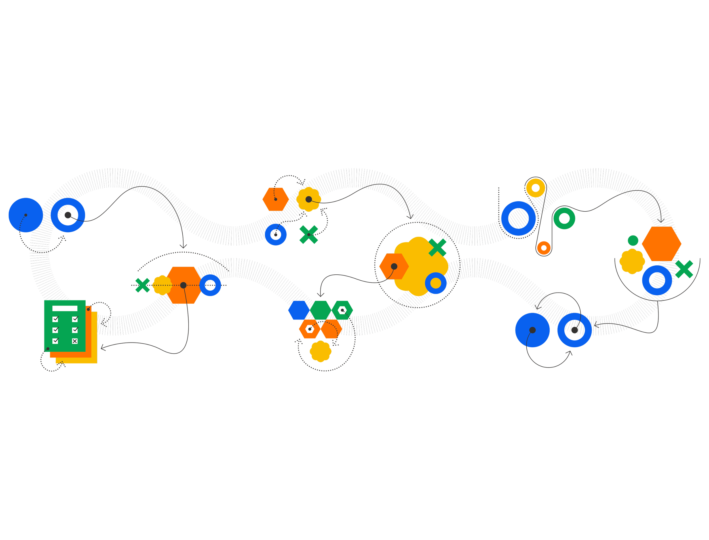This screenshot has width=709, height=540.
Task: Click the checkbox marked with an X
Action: (x=75, y=341)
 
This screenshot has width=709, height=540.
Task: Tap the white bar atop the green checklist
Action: (x=65, y=308)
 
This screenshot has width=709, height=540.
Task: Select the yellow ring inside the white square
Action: (x=535, y=188)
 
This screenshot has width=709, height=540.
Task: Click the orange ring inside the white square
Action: (x=544, y=248)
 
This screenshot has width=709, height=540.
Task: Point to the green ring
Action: (x=564, y=218)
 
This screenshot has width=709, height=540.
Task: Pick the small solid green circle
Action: (x=632, y=240)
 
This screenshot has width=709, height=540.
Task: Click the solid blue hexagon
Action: (x=298, y=310)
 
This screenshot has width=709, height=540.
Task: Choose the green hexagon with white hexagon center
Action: (x=342, y=310)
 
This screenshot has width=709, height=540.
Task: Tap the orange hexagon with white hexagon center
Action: (x=309, y=329)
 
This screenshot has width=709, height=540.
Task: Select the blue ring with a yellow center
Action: (x=435, y=283)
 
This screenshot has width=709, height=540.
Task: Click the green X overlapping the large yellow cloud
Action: (x=437, y=247)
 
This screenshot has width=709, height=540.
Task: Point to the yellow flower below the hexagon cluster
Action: (x=320, y=351)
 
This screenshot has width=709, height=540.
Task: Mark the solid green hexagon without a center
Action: (x=320, y=310)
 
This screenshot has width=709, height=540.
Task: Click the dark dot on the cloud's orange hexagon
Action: (x=394, y=266)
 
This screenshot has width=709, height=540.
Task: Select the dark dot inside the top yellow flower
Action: (x=308, y=199)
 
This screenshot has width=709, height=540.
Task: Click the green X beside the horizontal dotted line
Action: (x=143, y=285)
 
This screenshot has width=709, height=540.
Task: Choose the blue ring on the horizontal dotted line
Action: (x=210, y=285)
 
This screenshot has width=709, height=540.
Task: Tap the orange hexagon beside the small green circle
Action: (x=661, y=244)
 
